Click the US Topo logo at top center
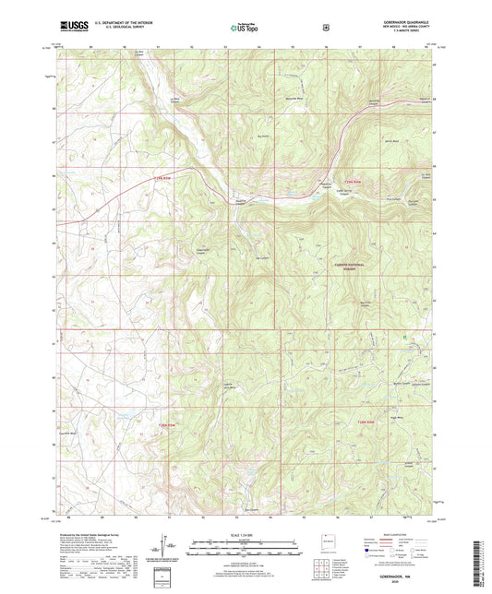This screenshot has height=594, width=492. point(245,28)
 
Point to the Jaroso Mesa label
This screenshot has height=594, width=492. point(390,141)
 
